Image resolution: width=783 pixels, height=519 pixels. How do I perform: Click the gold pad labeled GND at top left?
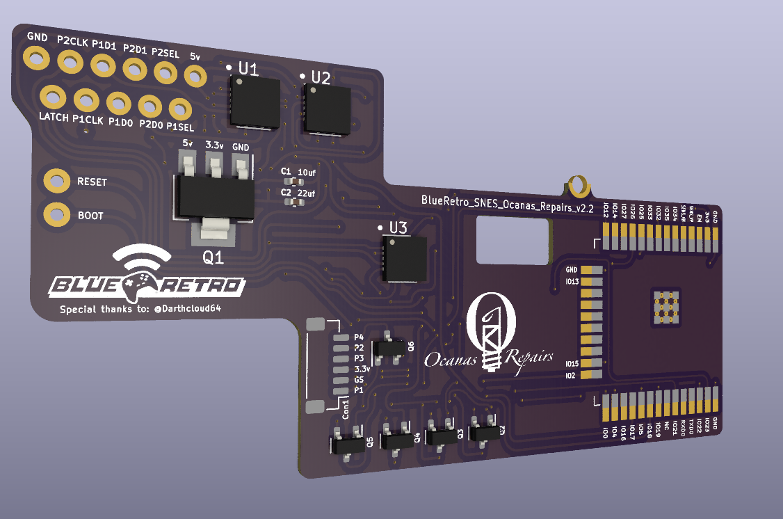tap(35, 58)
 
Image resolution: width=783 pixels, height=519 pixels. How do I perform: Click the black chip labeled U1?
tap(255, 102)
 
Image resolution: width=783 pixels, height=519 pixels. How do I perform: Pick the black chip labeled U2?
tap(328, 108)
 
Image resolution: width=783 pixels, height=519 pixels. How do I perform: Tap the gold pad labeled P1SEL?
tap(180, 109)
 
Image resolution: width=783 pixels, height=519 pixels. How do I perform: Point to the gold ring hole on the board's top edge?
tap(578, 186)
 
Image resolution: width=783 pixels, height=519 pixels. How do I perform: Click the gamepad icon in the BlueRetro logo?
tap(143, 282)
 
